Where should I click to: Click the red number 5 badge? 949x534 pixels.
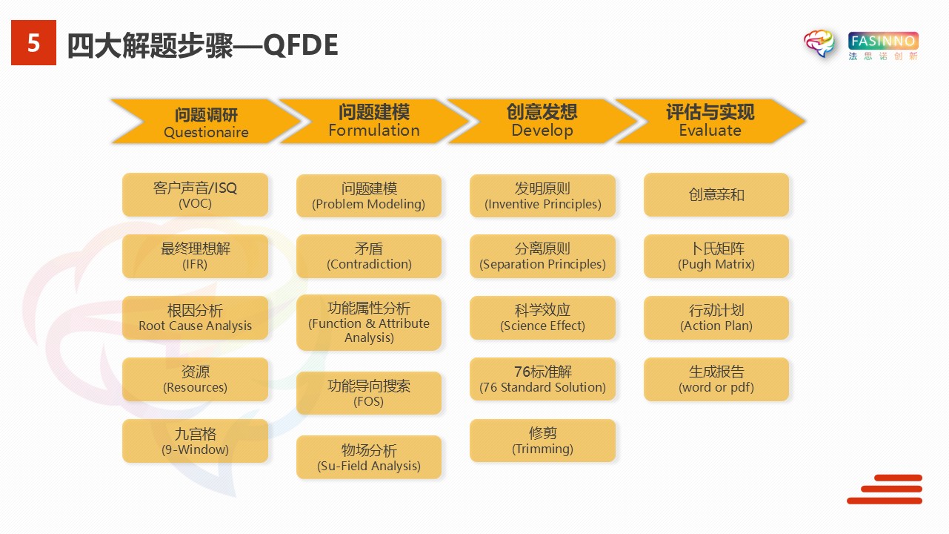click(x=33, y=44)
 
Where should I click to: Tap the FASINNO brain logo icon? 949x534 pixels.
click(x=819, y=44)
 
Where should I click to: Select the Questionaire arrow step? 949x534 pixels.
click(x=206, y=122)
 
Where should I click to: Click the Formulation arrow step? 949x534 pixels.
click(x=374, y=121)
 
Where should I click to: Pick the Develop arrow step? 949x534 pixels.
click(x=542, y=121)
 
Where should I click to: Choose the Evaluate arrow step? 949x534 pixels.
click(x=710, y=121)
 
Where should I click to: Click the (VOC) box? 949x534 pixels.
click(x=195, y=195)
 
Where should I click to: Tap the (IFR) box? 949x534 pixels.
click(x=195, y=256)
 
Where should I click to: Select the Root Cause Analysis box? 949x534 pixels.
click(x=195, y=317)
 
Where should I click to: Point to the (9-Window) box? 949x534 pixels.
click(x=195, y=441)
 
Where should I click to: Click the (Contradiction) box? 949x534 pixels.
click(x=369, y=256)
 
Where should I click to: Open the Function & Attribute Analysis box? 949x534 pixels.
click(x=369, y=323)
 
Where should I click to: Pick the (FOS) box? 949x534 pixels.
click(x=369, y=393)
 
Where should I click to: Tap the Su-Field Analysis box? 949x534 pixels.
click(x=369, y=458)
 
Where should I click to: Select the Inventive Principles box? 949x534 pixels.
click(x=542, y=196)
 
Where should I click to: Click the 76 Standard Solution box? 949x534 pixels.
click(x=542, y=379)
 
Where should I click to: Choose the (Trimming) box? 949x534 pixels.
click(x=542, y=441)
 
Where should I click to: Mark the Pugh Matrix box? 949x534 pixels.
click(x=716, y=256)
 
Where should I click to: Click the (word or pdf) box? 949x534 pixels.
click(x=716, y=379)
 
